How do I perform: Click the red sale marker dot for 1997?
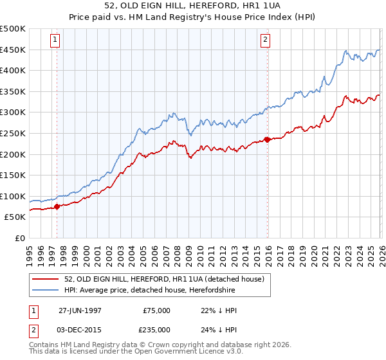tap(57, 206)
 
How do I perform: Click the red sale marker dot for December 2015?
tap(267, 139)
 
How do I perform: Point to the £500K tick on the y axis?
tap(13, 29)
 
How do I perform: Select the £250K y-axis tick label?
tap(13, 133)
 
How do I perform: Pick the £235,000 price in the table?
tap(156, 330)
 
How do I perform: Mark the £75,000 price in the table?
tap(156, 310)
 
